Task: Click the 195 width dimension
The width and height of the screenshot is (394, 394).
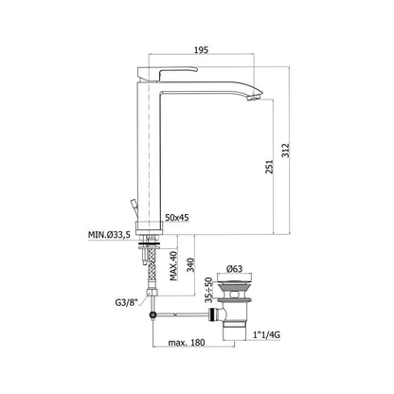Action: click(201, 49)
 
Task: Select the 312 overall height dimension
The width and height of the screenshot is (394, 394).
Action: click(285, 151)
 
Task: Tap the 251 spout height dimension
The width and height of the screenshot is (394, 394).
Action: click(269, 167)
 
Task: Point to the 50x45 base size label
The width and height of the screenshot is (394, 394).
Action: click(177, 218)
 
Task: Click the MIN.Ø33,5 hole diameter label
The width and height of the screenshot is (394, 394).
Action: click(110, 235)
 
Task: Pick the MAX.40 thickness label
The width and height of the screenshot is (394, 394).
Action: click(173, 266)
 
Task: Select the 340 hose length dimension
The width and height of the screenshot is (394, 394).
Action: click(191, 264)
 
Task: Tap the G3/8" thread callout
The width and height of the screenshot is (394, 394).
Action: click(127, 303)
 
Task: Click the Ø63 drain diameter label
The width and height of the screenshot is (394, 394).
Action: click(234, 269)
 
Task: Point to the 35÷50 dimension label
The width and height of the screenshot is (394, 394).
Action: click(208, 290)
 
